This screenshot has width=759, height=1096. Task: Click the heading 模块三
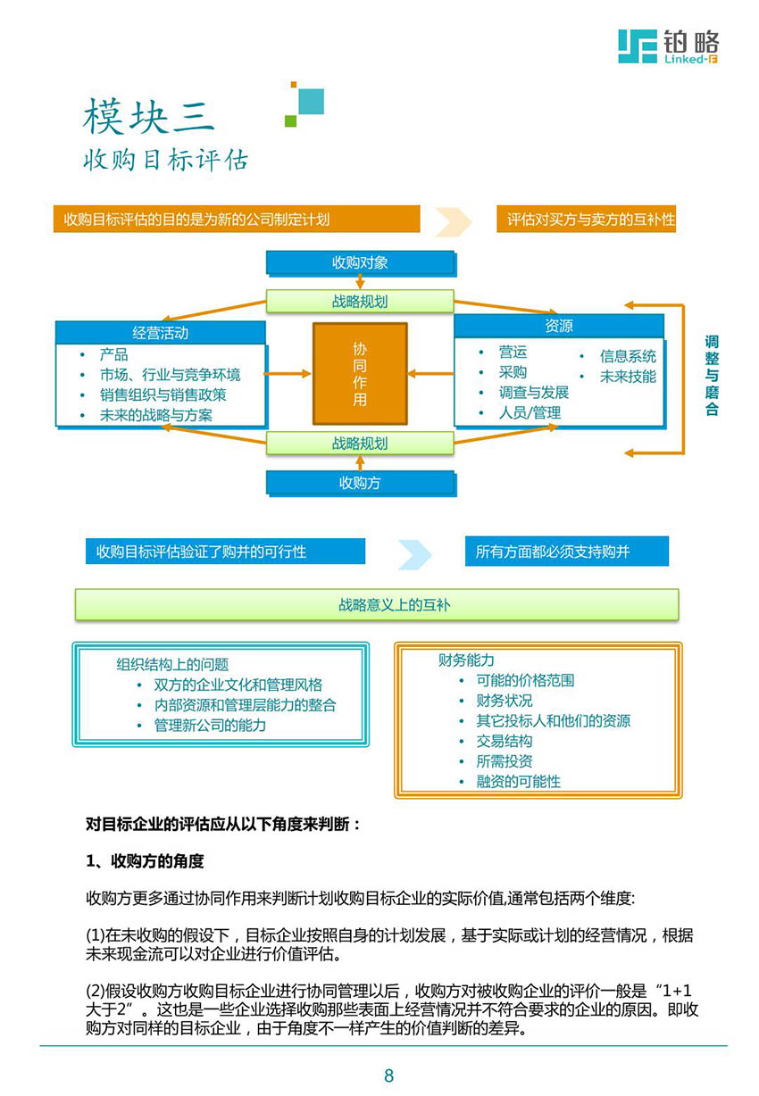[x=149, y=116]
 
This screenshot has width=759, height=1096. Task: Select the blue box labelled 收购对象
[x=361, y=263]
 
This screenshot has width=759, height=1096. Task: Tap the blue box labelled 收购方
[x=361, y=484]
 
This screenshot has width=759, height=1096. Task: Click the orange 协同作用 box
[x=360, y=374]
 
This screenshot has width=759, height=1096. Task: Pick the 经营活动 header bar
[x=161, y=333]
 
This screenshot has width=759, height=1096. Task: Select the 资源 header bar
[x=559, y=326]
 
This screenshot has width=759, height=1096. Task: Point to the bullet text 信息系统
[x=628, y=356]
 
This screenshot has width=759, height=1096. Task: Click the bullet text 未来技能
[x=628, y=377]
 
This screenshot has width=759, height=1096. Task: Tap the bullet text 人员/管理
[x=530, y=413]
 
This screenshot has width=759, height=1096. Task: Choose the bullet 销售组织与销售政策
[x=163, y=394]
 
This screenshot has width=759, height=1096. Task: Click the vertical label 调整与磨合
[x=712, y=375]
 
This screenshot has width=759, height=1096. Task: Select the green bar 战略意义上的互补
[x=377, y=605]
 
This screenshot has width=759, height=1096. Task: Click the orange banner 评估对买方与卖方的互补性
[x=586, y=219]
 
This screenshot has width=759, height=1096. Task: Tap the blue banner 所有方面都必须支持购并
[x=566, y=552]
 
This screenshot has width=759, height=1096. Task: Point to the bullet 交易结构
[x=505, y=741]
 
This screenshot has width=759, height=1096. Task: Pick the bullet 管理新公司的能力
[x=210, y=725]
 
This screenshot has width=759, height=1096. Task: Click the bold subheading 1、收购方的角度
[x=145, y=860]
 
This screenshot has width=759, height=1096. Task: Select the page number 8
[x=388, y=1075]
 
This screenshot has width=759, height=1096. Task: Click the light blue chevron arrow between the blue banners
[x=414, y=554]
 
